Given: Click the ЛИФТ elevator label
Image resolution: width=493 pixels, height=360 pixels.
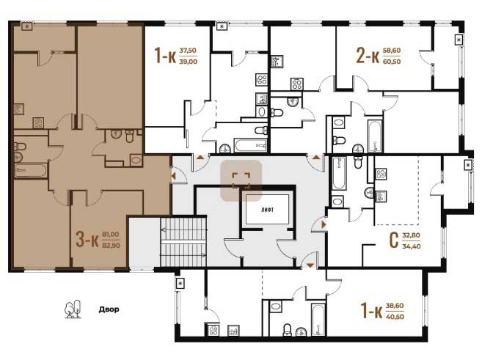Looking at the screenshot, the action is (267, 210).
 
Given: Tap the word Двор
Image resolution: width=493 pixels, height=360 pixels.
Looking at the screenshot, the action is (109, 309).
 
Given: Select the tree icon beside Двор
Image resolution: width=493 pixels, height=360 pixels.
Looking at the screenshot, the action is (73, 309).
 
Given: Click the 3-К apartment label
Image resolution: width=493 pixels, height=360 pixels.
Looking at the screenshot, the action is (87, 240).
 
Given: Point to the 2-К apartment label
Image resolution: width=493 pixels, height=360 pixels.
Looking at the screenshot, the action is (368, 56).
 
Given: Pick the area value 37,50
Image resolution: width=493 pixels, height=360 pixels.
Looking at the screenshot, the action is (188, 51).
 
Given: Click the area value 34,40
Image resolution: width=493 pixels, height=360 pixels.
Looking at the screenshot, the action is (412, 246).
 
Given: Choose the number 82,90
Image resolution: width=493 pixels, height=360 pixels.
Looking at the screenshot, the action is (111, 246).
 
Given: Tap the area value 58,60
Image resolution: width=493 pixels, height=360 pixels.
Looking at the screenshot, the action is (392, 51).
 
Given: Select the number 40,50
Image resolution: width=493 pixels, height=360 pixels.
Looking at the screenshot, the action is (395, 317).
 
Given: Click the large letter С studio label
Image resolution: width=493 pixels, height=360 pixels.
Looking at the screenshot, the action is (394, 240).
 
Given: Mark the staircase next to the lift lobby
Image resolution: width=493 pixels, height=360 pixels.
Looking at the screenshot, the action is (183, 242).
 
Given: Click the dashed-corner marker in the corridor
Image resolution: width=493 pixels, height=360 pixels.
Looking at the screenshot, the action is (241, 180).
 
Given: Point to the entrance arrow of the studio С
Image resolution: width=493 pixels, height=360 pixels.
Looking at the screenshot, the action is (324, 224).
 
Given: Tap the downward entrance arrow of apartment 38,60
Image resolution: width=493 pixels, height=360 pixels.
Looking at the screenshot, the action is (310, 265).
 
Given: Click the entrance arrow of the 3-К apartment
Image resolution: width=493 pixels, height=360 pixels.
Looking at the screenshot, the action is (173, 176).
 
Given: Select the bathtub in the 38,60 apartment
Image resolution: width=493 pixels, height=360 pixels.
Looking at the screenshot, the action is (318, 320).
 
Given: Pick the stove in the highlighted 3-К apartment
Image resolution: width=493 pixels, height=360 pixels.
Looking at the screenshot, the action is (38, 123).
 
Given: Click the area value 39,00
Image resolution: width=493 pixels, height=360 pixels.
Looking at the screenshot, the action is (188, 62).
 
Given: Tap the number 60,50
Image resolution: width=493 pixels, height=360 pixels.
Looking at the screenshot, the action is (392, 62).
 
